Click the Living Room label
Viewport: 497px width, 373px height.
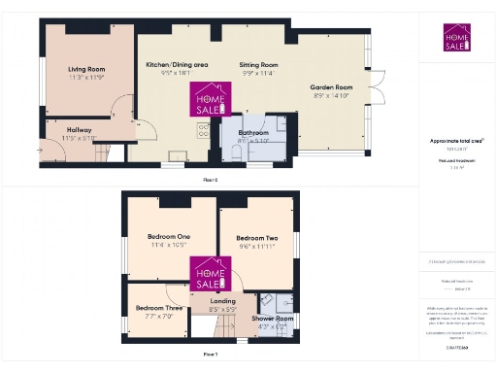[85, 70]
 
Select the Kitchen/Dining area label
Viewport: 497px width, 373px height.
[176, 65]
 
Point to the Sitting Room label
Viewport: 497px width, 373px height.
[258, 65]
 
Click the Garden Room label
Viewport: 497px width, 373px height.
[332, 87]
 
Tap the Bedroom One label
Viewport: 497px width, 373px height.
[168, 237]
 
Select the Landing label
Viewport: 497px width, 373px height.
[223, 301]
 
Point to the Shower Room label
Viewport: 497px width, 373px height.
[272, 318]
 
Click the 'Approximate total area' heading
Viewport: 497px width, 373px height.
[455, 141]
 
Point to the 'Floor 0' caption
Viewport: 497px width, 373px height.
[210, 181]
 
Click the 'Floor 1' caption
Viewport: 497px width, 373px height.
[210, 355]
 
